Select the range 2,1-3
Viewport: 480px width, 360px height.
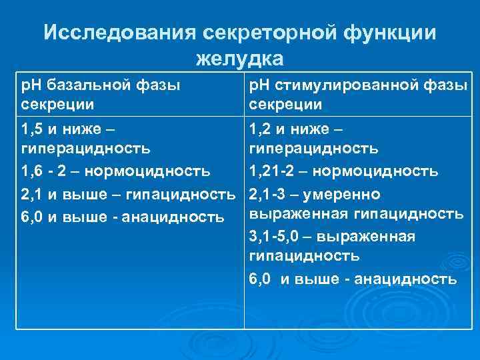pyautogui.click(x=268, y=194)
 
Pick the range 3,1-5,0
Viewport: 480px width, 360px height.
pyautogui.click(x=276, y=237)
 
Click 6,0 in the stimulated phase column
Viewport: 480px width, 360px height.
pyautogui.click(x=259, y=279)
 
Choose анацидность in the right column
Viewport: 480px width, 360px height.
pyautogui.click(x=406, y=279)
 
